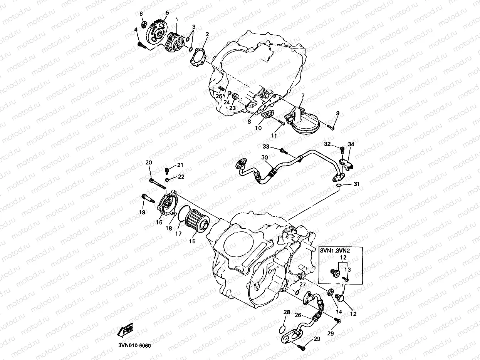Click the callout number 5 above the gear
(x=167, y=13)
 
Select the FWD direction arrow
(x=126, y=330)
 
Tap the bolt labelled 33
(x=282, y=150)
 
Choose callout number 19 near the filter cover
(x=142, y=212)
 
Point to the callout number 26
(x=298, y=315)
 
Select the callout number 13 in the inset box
(x=348, y=270)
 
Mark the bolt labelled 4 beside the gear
(x=141, y=45)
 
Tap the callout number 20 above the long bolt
(x=149, y=163)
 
